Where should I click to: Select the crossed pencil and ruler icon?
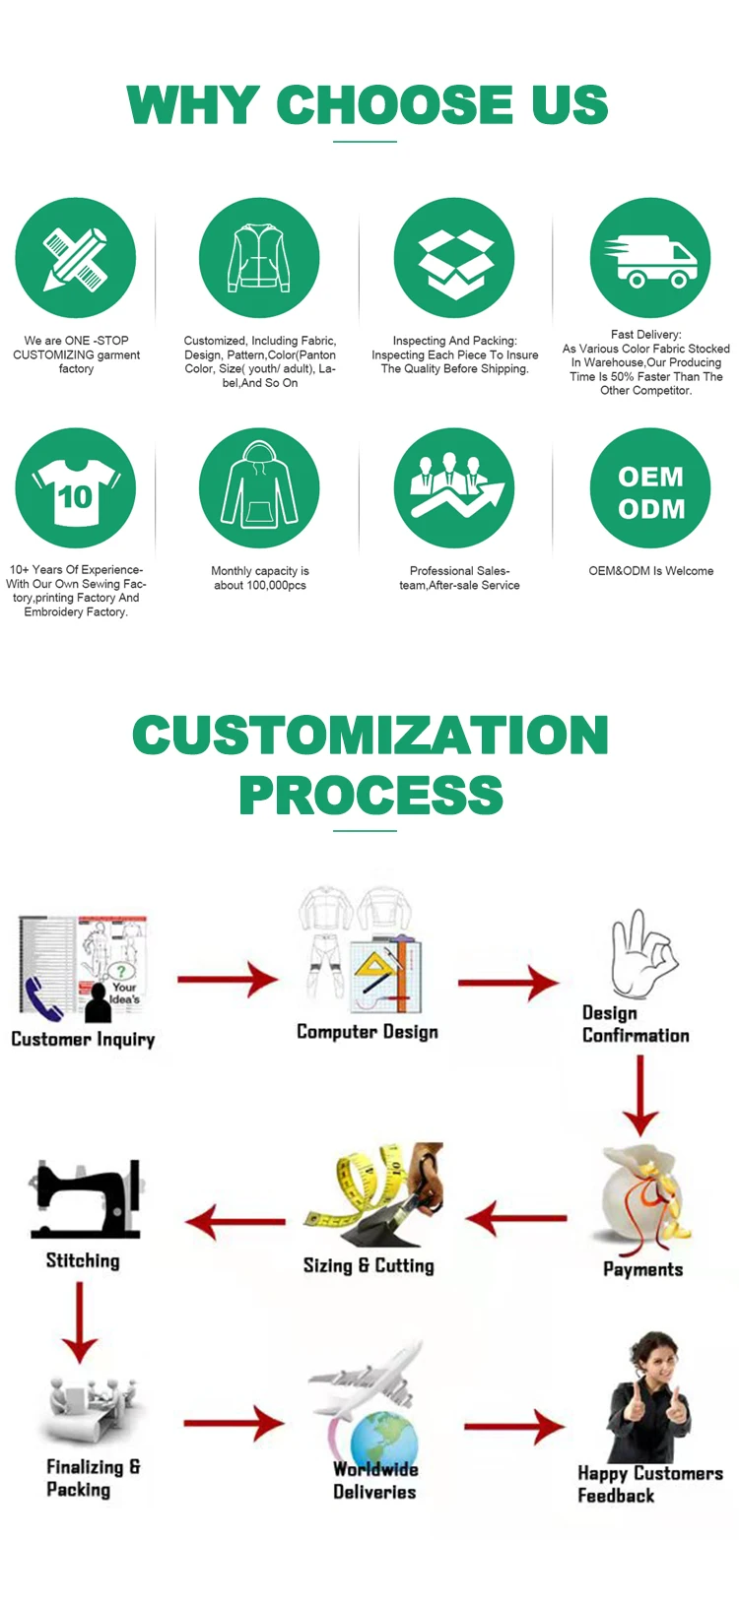[76, 259]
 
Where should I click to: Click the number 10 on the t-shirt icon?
[75, 496]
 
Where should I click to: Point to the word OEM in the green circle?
[650, 477]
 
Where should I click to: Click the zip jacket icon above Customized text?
[259, 258]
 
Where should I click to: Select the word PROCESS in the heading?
[370, 796]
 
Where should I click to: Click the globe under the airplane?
[384, 1440]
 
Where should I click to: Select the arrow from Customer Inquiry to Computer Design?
[228, 979]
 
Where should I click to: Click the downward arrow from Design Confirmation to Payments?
[640, 1096]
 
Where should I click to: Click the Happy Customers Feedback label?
[649, 1484]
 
